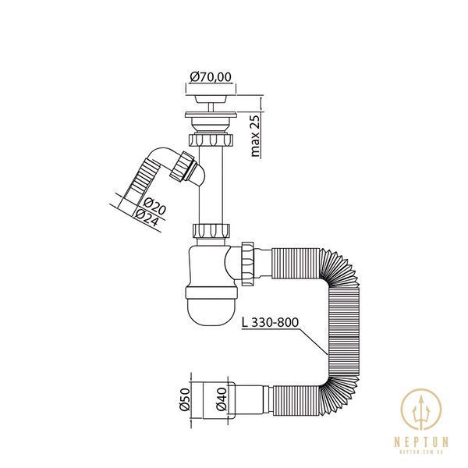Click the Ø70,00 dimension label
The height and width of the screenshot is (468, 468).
pyautogui.click(x=211, y=77)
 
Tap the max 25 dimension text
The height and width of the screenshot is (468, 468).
pyautogui.click(x=256, y=136)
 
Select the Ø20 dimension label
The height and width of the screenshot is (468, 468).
pyautogui.click(x=154, y=206)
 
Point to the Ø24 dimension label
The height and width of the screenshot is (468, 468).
pyautogui.click(x=147, y=218)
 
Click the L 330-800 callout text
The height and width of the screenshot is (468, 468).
pyautogui.click(x=270, y=323)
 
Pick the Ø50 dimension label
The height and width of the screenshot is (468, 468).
pyautogui.click(x=185, y=399)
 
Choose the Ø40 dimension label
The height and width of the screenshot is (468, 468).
pyautogui.click(x=222, y=399)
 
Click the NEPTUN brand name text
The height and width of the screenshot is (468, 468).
pyautogui.click(x=421, y=441)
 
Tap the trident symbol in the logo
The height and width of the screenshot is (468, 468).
pyautogui.click(x=421, y=412)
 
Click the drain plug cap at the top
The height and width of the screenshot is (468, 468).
pyautogui.click(x=211, y=99)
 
